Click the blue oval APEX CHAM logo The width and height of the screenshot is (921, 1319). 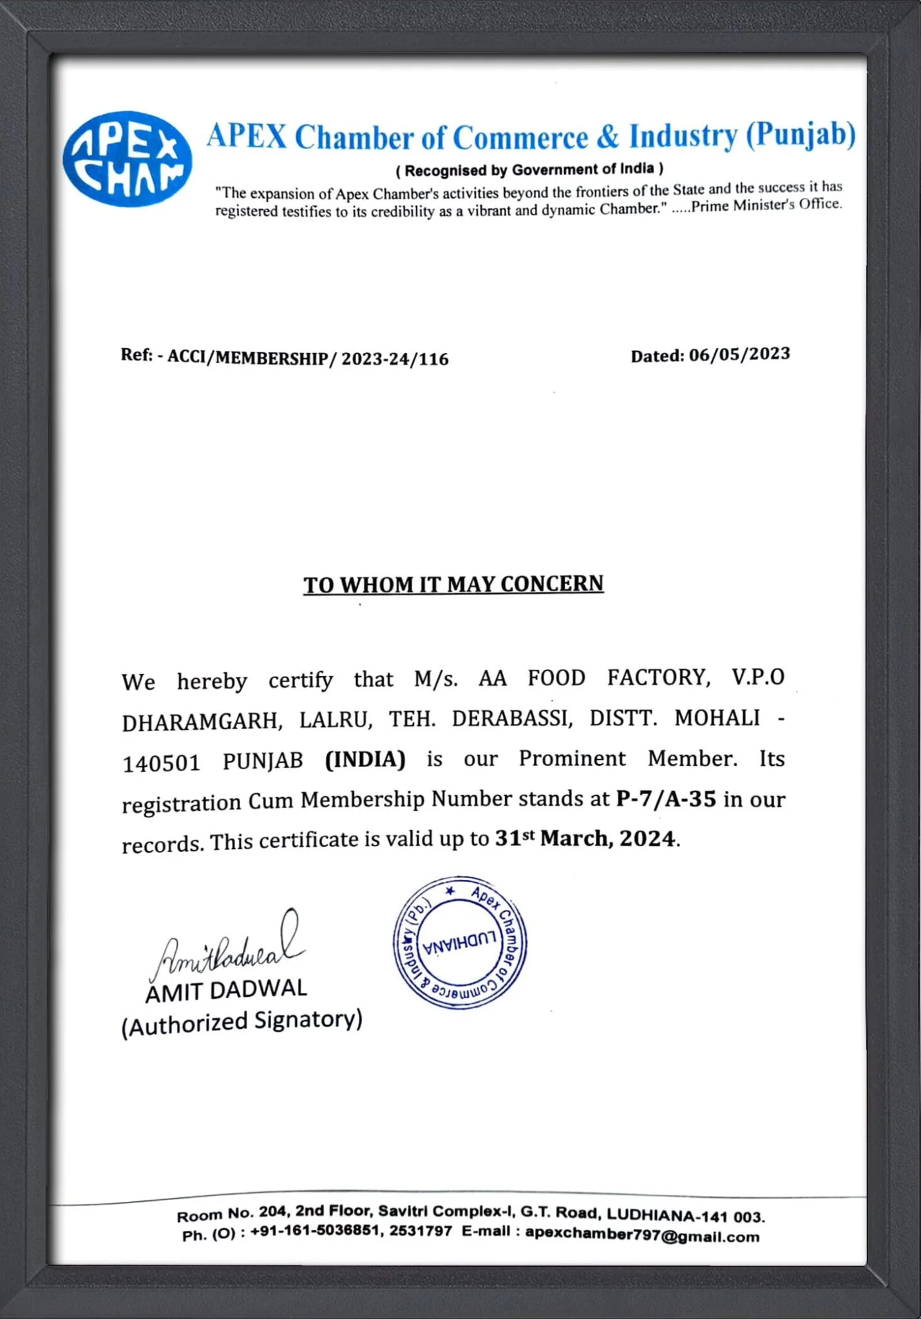tap(127, 159)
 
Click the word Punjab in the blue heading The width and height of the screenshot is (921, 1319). tap(801, 135)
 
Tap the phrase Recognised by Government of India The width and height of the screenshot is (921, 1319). tap(529, 170)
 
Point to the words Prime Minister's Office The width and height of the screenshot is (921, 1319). tap(766, 205)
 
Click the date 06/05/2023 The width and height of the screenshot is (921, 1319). tap(739, 354)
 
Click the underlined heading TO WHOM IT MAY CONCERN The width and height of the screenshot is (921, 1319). tap(453, 584)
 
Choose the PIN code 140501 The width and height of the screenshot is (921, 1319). tap(161, 763)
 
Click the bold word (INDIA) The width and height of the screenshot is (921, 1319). tap(365, 759)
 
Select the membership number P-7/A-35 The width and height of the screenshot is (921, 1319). tap(666, 799)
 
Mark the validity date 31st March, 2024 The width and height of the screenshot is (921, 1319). tap(585, 839)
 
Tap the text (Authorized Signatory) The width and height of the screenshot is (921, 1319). tap(242, 1022)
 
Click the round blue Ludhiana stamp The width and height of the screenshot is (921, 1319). tap(460, 942)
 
